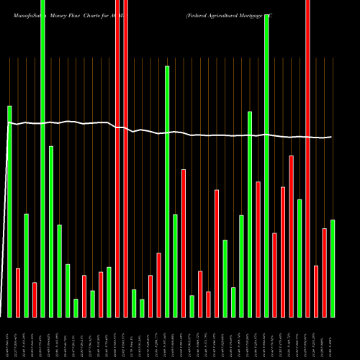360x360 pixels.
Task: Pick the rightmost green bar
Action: point(333,268)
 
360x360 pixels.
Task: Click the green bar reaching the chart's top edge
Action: point(43,158)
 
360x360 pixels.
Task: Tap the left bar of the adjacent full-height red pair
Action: point(117,158)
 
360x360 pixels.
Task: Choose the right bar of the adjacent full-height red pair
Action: point(125,158)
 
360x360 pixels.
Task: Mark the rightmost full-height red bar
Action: point(308,158)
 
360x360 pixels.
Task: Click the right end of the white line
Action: point(331,137)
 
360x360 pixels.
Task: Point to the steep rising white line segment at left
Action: point(4,216)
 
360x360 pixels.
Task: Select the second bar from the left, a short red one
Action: point(18,292)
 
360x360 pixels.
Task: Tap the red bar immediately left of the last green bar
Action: point(325,272)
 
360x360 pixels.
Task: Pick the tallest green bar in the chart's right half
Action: point(266,166)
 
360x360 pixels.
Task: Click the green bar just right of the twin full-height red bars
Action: point(134,303)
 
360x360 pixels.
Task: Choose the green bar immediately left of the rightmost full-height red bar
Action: point(300,258)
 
